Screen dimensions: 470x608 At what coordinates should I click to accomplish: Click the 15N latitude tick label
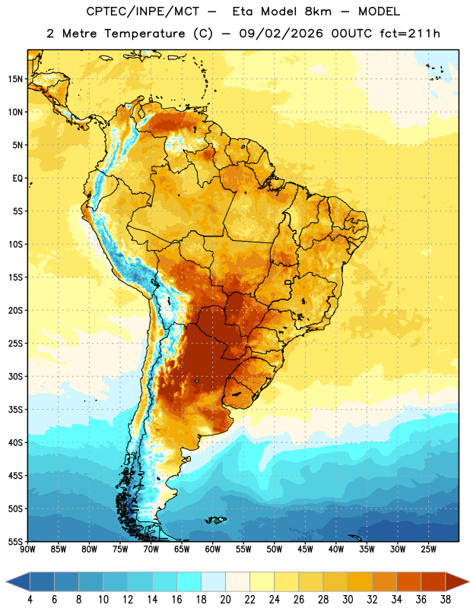15,79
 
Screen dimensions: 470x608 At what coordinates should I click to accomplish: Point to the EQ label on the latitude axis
17,179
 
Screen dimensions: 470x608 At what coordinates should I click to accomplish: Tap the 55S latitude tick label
15,542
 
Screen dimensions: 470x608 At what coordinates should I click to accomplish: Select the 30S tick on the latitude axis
15,376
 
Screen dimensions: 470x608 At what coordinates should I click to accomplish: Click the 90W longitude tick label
27,549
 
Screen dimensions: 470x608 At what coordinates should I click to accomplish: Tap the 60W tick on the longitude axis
213,549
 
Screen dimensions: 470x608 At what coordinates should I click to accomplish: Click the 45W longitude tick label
305,549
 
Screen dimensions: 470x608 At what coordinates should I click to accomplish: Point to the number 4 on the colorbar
30,600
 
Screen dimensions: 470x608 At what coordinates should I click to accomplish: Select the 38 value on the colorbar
445,600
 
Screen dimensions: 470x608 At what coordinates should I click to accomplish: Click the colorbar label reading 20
225,600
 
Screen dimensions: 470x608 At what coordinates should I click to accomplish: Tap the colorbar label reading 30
348,600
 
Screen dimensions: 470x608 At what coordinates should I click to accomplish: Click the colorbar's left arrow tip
6,582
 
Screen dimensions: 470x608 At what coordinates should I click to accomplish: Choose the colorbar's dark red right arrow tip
468,582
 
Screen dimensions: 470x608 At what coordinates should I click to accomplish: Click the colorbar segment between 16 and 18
189,582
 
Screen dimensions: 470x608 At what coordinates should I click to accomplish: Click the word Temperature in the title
144,33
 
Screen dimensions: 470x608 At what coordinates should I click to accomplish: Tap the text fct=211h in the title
410,33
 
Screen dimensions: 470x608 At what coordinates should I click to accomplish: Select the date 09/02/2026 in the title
281,33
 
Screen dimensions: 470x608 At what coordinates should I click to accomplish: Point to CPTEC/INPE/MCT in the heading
143,11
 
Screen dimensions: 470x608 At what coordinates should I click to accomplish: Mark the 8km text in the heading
318,11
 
